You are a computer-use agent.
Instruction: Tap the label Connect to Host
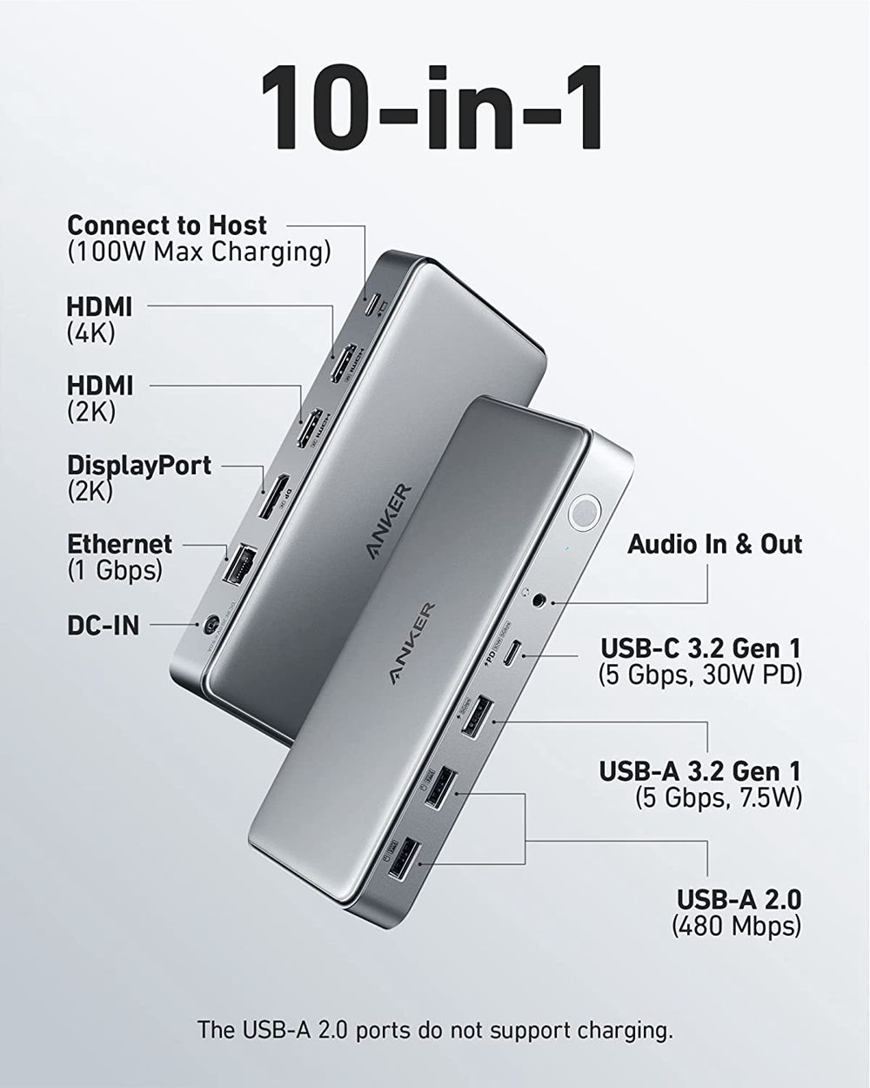pyautogui.click(x=167, y=225)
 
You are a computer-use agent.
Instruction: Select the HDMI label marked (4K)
pyautogui.click(x=100, y=306)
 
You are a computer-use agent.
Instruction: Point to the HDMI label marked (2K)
pyautogui.click(x=100, y=385)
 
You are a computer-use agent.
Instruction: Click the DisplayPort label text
pyautogui.click(x=139, y=465)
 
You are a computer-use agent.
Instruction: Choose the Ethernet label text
pyautogui.click(x=120, y=544)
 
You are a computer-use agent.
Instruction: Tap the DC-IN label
pyautogui.click(x=103, y=625)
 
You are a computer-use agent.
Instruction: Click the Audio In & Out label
pyautogui.click(x=714, y=544)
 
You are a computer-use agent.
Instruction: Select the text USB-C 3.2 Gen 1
pyautogui.click(x=700, y=648)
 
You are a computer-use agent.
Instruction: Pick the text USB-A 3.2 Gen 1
pyautogui.click(x=699, y=770)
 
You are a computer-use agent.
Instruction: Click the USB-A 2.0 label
pyautogui.click(x=739, y=899)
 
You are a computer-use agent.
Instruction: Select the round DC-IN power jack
pyautogui.click(x=210, y=624)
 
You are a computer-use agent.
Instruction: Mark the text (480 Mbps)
pyautogui.click(x=736, y=925)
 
